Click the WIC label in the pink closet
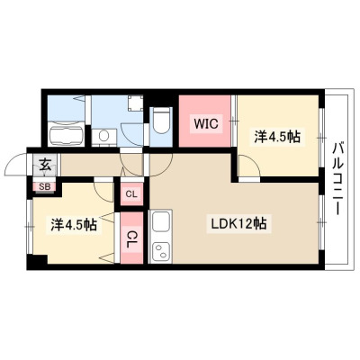206,123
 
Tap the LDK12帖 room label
239,223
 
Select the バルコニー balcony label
337,179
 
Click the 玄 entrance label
45,166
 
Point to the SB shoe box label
45,186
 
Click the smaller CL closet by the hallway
131,194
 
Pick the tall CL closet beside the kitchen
131,238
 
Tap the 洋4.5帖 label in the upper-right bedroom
277,137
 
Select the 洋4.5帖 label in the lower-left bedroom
74,224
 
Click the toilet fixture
161,121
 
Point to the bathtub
66,134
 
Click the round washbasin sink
104,137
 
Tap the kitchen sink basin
161,220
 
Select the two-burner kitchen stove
161,251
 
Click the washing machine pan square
135,103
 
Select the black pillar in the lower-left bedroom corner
37,259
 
